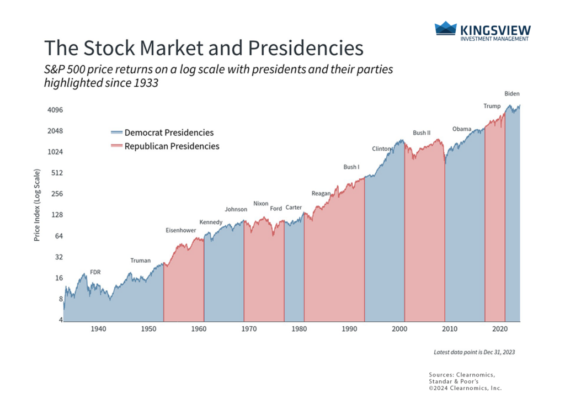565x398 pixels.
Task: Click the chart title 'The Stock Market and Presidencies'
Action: (x=204, y=48)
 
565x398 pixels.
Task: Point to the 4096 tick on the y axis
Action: (x=48, y=110)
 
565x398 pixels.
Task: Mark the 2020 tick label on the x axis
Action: (x=499, y=329)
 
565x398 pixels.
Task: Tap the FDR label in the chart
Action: (x=95, y=272)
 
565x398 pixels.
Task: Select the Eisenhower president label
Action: (x=181, y=230)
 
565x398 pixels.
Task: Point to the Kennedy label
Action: (x=211, y=222)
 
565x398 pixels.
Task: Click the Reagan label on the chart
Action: (x=321, y=193)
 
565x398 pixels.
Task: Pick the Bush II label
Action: (x=422, y=133)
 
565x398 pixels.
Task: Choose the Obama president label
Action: (x=462, y=129)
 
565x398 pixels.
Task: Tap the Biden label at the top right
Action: (x=512, y=94)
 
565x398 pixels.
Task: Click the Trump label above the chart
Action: (x=492, y=106)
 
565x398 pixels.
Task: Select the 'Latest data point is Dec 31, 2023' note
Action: (x=474, y=352)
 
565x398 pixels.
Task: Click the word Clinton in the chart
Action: (x=381, y=149)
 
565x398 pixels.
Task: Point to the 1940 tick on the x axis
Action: (x=98, y=329)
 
